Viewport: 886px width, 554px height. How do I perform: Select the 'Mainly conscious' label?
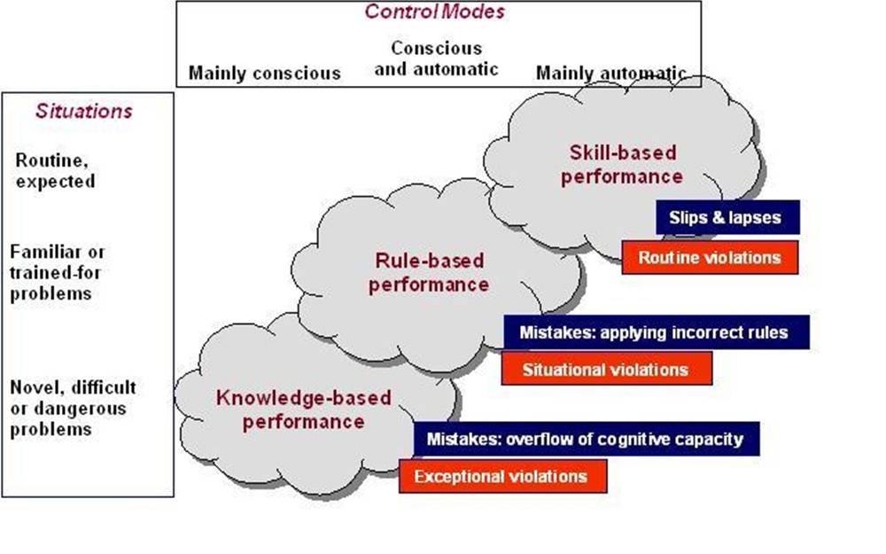[x=264, y=73]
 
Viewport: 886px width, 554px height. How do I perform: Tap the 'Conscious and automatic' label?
[x=436, y=59]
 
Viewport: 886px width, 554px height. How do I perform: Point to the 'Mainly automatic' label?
[x=610, y=73]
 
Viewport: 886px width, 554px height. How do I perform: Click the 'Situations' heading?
[x=83, y=112]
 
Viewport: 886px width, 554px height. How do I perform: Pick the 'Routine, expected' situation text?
[x=55, y=170]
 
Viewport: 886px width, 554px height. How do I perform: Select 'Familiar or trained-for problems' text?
[x=58, y=272]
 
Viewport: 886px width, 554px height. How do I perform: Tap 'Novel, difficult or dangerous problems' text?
[x=73, y=408]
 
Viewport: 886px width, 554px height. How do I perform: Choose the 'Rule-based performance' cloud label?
[x=429, y=273]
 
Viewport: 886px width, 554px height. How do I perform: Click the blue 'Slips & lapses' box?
[x=727, y=217]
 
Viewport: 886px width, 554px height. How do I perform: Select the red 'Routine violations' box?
[x=710, y=258]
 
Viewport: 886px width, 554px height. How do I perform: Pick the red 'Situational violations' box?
[x=606, y=369]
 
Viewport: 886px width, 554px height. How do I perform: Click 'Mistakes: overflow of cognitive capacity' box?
[x=585, y=439]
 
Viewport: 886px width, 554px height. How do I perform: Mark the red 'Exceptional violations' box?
[x=501, y=477]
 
